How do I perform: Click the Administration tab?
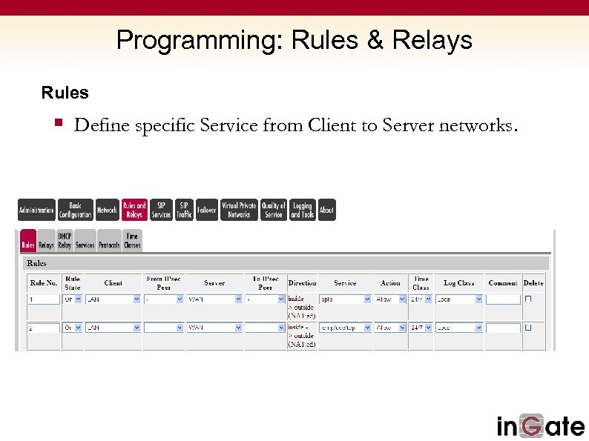point(36,210)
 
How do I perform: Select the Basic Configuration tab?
point(76,210)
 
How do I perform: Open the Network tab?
point(107,210)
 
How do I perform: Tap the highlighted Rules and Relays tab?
point(134,210)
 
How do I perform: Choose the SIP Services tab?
point(161,210)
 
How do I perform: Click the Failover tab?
point(207,210)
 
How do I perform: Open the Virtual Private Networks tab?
point(239,210)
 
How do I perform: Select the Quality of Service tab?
point(274,210)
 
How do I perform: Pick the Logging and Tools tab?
point(302,210)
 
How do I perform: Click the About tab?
point(326,210)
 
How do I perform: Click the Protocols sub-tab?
point(108,244)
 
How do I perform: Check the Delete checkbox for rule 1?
point(529,299)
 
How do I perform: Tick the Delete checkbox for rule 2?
point(529,327)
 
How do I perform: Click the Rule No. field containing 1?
point(44,299)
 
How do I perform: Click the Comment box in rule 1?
point(503,299)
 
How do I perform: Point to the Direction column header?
point(302,282)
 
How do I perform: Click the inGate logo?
point(539,425)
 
